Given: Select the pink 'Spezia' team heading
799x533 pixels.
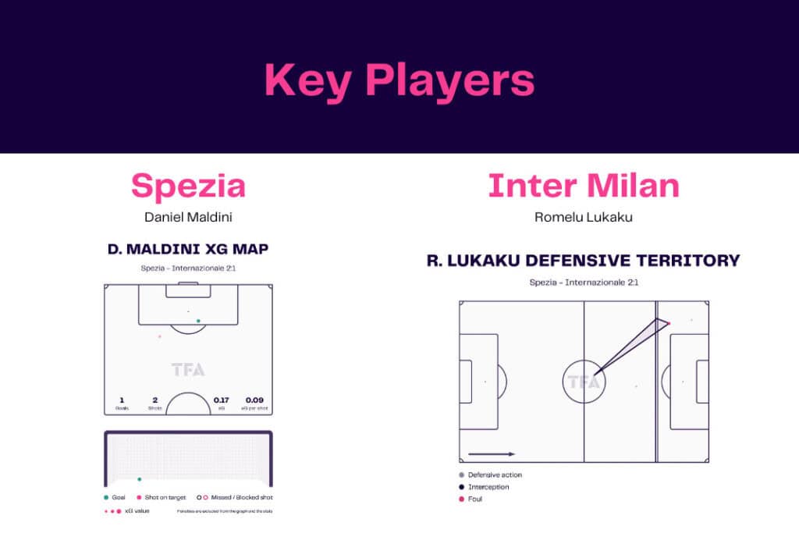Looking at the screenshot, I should pyautogui.click(x=188, y=186).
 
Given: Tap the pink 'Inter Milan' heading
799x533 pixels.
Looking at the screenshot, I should pyautogui.click(x=583, y=186).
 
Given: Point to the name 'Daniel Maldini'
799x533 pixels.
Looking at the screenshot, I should pyautogui.click(x=188, y=217).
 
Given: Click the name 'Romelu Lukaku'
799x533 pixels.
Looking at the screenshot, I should pyautogui.click(x=583, y=217).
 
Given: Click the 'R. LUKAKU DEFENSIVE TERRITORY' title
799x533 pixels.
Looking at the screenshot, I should pyautogui.click(x=583, y=260).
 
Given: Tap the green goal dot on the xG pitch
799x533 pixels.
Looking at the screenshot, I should pyautogui.click(x=198, y=321).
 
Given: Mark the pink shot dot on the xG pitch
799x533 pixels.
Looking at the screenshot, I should pyautogui.click(x=160, y=336).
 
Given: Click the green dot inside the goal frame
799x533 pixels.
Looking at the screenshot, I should pyautogui.click(x=140, y=479).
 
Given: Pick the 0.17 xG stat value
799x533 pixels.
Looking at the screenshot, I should pyautogui.click(x=222, y=400).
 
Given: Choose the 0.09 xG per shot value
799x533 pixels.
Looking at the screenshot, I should pyautogui.click(x=254, y=400).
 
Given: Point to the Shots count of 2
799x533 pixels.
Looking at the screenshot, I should pyautogui.click(x=154, y=400).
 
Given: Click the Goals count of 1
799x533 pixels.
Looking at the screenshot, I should pyautogui.click(x=122, y=400).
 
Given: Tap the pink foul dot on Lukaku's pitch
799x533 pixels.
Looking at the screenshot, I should pyautogui.click(x=669, y=322).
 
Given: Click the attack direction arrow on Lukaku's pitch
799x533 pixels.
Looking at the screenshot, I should pyautogui.click(x=492, y=453).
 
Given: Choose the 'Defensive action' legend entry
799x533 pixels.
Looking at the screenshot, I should pyautogui.click(x=495, y=474).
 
